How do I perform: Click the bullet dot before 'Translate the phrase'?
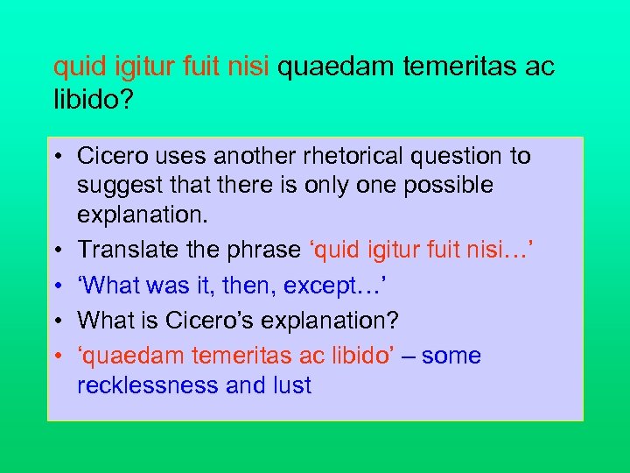58,250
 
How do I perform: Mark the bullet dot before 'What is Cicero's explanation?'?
58,321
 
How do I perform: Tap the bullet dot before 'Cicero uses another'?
58,158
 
